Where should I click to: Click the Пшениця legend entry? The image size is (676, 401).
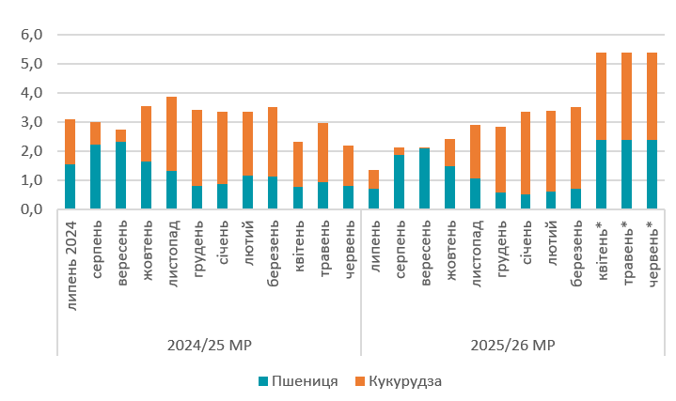pos(298,381)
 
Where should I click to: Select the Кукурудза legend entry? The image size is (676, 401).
pos(404,381)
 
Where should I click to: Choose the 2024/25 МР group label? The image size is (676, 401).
pos(209,345)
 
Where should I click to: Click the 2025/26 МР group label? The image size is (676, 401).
pos(512,345)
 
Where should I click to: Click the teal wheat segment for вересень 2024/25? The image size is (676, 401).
pos(120,176)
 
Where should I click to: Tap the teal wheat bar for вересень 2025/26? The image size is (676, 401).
pos(424,178)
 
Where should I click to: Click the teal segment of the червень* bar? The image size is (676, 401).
pos(652,175)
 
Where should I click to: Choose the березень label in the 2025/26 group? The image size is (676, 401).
pos(576,254)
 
